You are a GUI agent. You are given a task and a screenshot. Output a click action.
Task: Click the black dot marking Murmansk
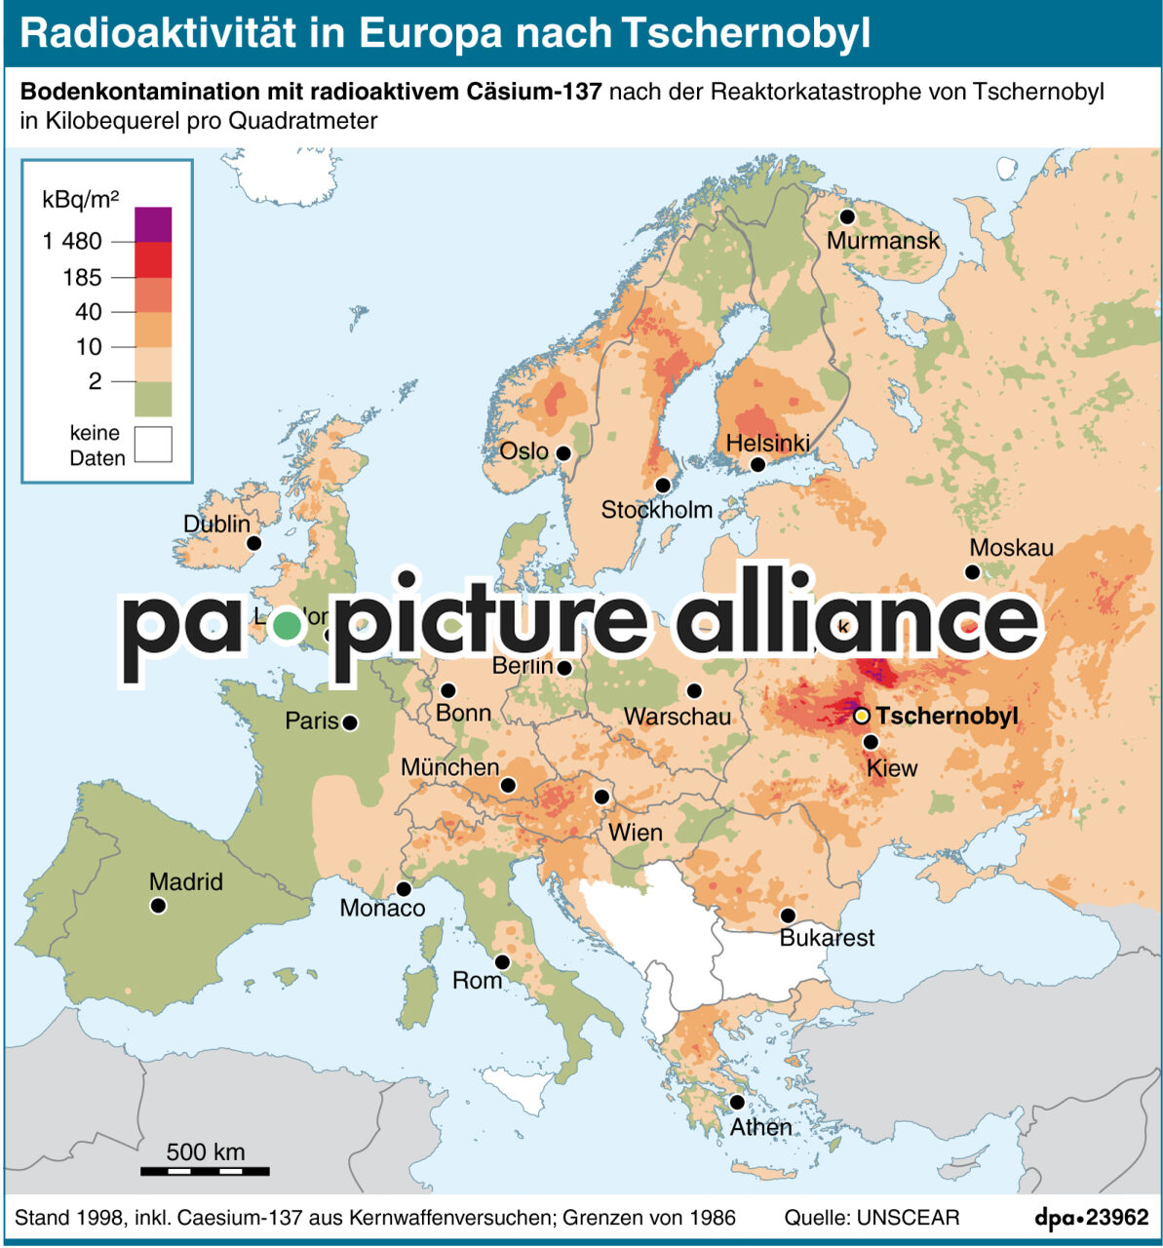point(847,216)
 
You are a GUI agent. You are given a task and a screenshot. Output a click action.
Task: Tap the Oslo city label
point(523,451)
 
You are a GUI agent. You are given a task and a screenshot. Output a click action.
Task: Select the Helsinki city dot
point(757,465)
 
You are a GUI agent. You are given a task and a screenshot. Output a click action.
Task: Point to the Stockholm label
point(656,509)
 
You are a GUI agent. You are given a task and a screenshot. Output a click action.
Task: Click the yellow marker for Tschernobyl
point(862,716)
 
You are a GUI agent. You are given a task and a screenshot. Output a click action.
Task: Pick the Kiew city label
point(892,768)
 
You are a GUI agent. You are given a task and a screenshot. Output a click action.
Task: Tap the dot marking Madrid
point(158,906)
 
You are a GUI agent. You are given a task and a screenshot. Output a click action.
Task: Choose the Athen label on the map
point(760,1127)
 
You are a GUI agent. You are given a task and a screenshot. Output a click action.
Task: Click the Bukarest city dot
point(788,916)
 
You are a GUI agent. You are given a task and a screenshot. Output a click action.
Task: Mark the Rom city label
point(477,980)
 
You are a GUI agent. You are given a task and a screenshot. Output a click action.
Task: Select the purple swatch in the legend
point(153,224)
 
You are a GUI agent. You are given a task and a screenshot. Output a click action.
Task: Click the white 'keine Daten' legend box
point(153,445)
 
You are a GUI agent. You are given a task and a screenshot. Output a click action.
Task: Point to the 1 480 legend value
point(72,242)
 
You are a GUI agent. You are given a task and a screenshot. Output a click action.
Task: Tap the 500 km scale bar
point(205,1170)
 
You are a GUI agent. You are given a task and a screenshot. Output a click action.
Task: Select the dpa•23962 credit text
point(1091,1218)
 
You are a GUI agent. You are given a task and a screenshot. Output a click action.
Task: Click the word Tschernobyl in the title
point(745,33)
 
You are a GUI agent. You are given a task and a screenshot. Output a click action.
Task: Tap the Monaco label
point(382,909)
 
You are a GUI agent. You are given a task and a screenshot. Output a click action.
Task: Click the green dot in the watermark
point(287,625)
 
